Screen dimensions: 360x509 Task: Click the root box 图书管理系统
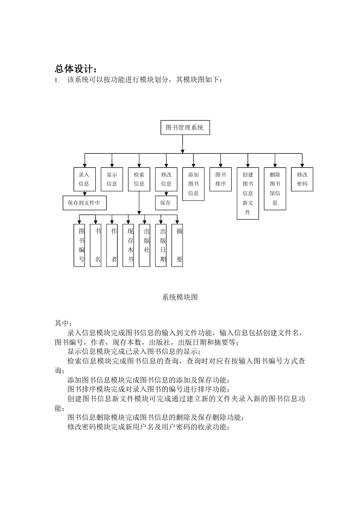point(185,128)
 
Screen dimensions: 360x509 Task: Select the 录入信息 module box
point(85,179)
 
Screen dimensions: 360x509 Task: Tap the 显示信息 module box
point(112,179)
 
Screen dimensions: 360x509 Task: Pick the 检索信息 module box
point(139,179)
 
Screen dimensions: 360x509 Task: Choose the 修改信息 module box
point(166,179)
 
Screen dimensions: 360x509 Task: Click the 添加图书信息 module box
point(193,184)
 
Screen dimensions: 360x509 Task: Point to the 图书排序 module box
point(220,179)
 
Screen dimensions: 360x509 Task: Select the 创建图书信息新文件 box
point(248,194)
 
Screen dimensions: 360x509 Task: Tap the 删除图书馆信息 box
point(275,189)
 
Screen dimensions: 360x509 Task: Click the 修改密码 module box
point(302,179)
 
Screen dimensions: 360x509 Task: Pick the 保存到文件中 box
point(85,203)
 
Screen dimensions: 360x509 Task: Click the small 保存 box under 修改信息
point(166,203)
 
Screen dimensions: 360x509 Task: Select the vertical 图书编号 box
point(79,245)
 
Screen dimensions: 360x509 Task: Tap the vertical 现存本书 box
point(128,245)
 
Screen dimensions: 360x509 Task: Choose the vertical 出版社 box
point(145,245)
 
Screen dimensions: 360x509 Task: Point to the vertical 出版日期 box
point(161,245)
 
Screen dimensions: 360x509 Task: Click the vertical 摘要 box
point(177,245)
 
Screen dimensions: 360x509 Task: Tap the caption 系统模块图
point(180,297)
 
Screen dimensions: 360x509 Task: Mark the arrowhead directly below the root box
point(183,152)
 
